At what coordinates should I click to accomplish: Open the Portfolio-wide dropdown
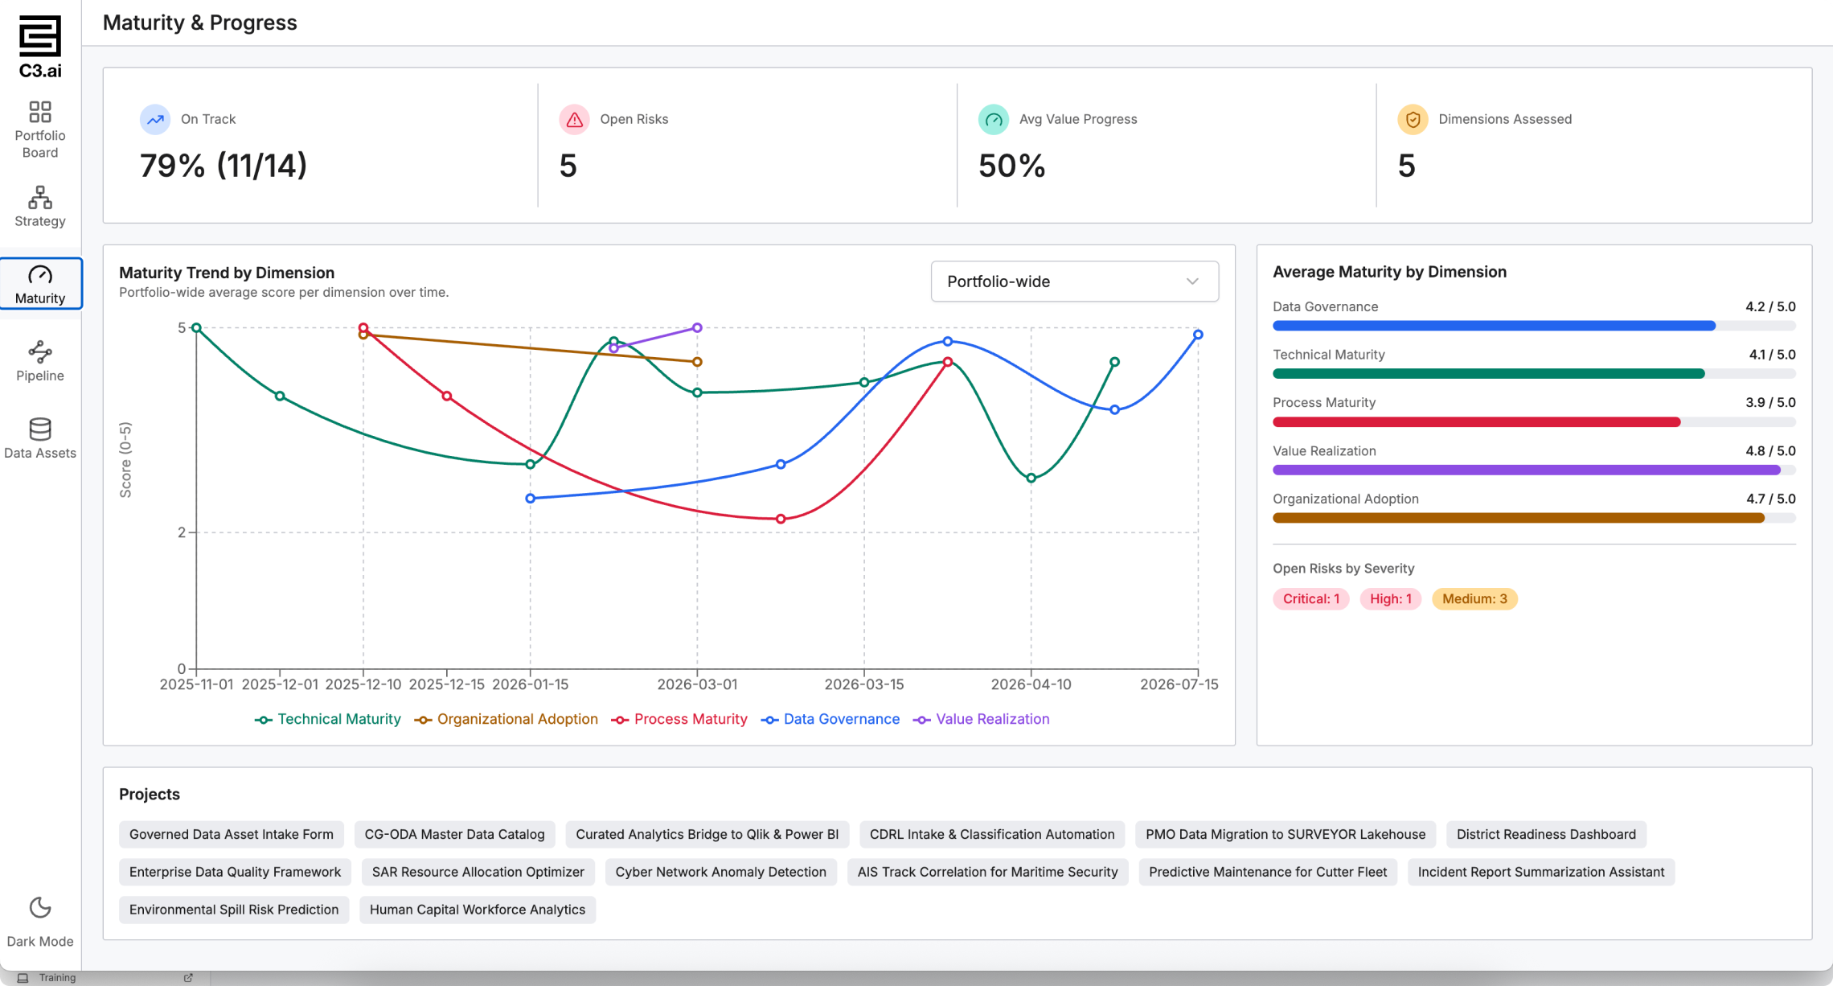pyautogui.click(x=1074, y=281)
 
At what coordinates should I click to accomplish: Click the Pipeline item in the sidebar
pyautogui.click(x=40, y=361)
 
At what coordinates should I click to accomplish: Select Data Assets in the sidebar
pyautogui.click(x=40, y=438)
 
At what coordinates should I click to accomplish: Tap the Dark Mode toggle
pyautogui.click(x=40, y=922)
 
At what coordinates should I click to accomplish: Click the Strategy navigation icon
pyautogui.click(x=40, y=198)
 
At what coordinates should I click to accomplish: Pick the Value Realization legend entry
pyautogui.click(x=982, y=719)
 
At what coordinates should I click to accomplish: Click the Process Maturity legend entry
pyautogui.click(x=679, y=719)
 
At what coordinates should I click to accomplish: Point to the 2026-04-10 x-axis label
pyautogui.click(x=1031, y=684)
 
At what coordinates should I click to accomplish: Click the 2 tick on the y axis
pyautogui.click(x=182, y=532)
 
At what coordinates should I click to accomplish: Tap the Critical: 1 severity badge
pyautogui.click(x=1311, y=599)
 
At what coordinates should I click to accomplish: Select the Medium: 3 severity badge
pyautogui.click(x=1474, y=599)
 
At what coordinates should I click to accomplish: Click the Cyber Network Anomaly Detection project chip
pyautogui.click(x=720, y=872)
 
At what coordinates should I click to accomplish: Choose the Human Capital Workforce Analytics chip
pyautogui.click(x=478, y=910)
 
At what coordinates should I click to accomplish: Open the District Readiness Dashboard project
pyautogui.click(x=1546, y=835)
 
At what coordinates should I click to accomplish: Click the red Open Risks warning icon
pyautogui.click(x=574, y=120)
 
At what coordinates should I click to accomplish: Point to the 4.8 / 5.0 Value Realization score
pyautogui.click(x=1770, y=451)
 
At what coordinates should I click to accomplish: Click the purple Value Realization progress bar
pyautogui.click(x=1526, y=470)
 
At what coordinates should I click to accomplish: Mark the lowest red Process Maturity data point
pyautogui.click(x=781, y=519)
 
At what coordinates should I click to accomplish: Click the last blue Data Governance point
pyautogui.click(x=1198, y=335)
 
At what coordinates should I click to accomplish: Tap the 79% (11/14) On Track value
pyautogui.click(x=223, y=166)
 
